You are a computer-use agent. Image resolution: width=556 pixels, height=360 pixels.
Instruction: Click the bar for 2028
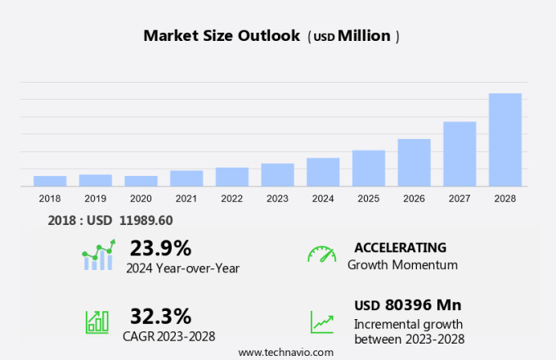(x=505, y=140)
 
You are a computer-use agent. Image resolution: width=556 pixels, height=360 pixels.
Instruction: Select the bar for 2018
(x=50, y=181)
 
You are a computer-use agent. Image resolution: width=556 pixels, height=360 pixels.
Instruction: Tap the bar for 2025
(x=369, y=169)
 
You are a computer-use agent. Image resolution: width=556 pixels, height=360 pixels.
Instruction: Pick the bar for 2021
(x=186, y=178)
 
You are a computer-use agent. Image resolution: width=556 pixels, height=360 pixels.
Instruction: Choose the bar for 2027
(x=460, y=154)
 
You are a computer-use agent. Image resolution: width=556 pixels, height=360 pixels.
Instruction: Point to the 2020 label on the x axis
(x=141, y=199)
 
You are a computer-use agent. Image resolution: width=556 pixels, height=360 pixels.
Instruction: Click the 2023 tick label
(x=277, y=199)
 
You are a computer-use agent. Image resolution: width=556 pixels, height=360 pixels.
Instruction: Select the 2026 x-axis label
(x=414, y=199)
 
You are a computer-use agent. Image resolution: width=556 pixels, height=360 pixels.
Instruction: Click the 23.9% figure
(x=160, y=248)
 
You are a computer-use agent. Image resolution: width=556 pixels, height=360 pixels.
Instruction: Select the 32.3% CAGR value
(x=160, y=316)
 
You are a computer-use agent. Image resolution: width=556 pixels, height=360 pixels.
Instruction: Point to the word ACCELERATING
(x=400, y=247)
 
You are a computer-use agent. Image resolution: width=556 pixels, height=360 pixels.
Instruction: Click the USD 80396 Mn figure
(x=407, y=305)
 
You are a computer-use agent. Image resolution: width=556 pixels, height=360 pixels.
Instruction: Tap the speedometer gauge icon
(x=321, y=254)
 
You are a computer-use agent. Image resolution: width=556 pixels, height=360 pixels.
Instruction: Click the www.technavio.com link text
(x=285, y=352)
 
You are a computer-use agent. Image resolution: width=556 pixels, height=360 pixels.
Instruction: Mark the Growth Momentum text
(x=402, y=265)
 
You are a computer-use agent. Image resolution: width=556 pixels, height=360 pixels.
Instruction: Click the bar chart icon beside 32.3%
(x=96, y=322)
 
